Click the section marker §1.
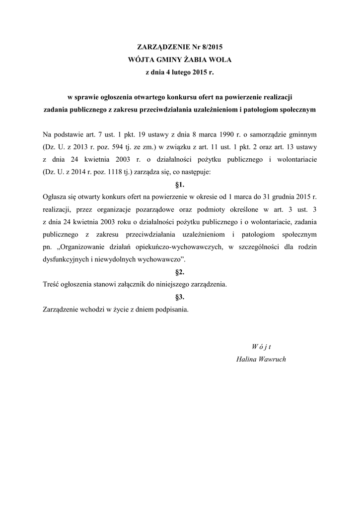pyautogui.click(x=180, y=185)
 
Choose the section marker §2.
pyautogui.click(x=180, y=272)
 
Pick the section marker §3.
pyautogui.click(x=180, y=297)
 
